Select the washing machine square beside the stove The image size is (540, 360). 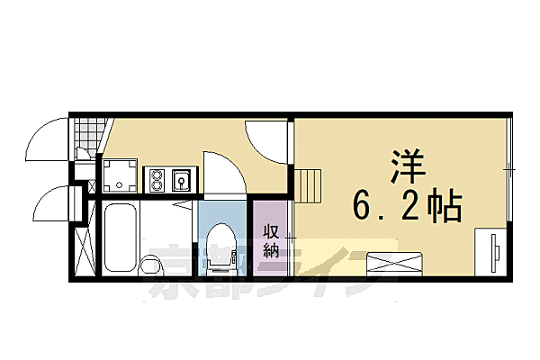pyautogui.click(x=120, y=176)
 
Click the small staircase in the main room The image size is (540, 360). pyautogui.click(x=311, y=186)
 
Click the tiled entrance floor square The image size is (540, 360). pyautogui.click(x=85, y=138)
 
